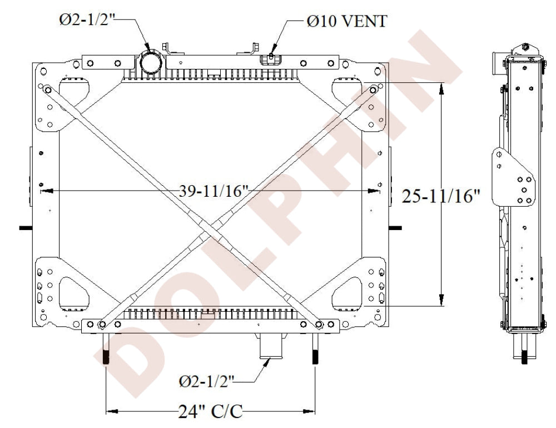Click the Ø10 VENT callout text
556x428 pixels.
[347, 21]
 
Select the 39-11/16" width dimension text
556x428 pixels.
[214, 191]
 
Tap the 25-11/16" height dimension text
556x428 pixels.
[441, 196]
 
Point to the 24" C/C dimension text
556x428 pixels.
[210, 411]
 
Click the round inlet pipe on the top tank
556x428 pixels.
[151, 62]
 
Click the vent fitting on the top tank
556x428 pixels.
[270, 59]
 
